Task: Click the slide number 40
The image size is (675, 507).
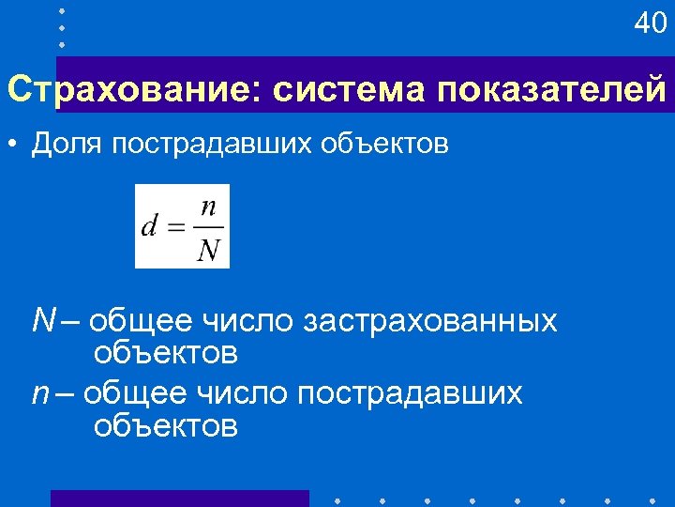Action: tap(650, 23)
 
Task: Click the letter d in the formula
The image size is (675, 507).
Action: tap(149, 227)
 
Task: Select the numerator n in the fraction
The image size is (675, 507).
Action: tap(210, 207)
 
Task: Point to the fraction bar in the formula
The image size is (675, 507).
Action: tap(210, 227)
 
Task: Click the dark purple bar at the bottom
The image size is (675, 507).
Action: tap(178, 498)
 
